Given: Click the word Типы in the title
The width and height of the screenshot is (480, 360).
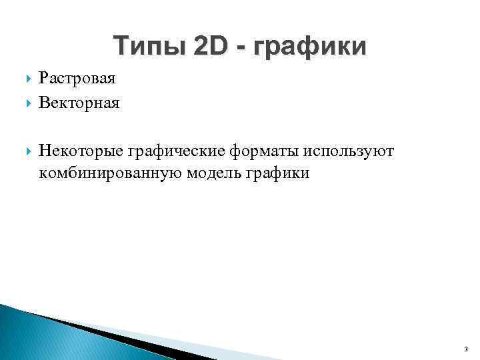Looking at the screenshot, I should (148, 47).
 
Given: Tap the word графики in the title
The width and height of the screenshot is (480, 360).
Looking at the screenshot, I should (313, 48).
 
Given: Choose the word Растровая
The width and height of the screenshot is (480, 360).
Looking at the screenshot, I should (77, 79).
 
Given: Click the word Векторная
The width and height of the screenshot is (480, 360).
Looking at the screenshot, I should (79, 103).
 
